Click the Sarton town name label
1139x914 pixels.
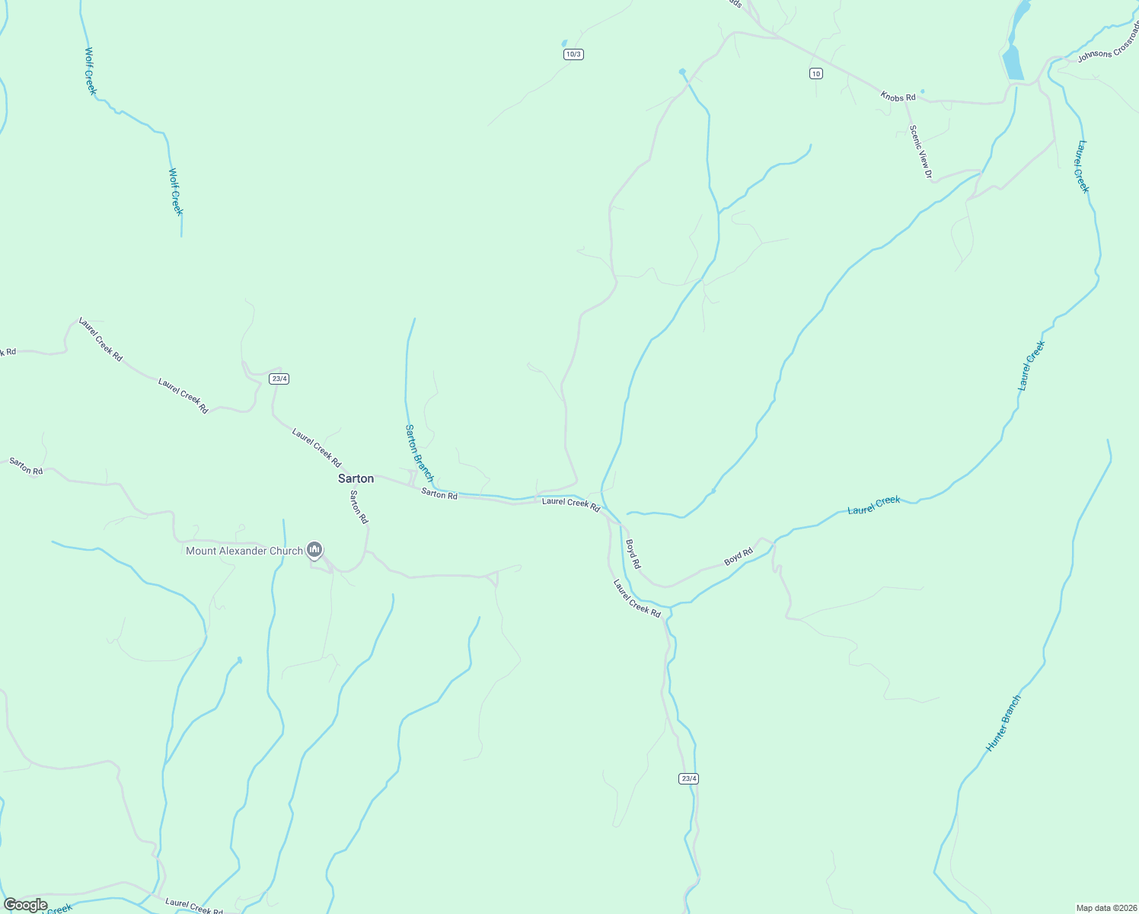tap(356, 478)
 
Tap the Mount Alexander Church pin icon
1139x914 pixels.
tap(314, 550)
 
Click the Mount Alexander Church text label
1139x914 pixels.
tap(244, 551)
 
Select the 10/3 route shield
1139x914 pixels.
tap(573, 54)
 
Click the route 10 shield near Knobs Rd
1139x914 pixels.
tap(816, 73)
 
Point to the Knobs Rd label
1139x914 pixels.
tap(898, 97)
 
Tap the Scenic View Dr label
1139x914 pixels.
tap(920, 152)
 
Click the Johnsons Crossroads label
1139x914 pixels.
tap(1109, 51)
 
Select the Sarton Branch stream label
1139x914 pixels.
tap(419, 453)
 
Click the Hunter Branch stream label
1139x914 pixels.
tap(1003, 723)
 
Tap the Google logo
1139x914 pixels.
tap(25, 905)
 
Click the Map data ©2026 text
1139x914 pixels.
tap(1105, 908)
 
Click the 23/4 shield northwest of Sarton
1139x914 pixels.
tap(279, 379)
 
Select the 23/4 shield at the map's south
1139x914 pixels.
tap(688, 778)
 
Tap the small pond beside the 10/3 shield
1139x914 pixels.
tap(564, 43)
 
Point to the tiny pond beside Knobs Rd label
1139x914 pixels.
tap(923, 92)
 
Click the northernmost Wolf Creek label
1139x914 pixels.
tap(90, 72)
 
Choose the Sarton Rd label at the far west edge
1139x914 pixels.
tap(26, 466)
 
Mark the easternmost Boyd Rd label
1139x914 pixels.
tap(738, 557)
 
